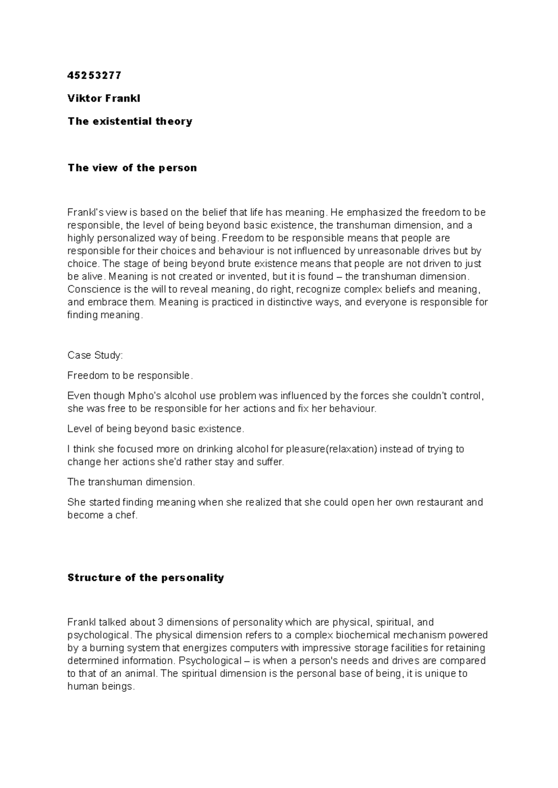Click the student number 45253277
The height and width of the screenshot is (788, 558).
pyautogui.click(x=94, y=75)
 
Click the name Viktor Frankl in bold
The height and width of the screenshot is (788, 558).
pyautogui.click(x=104, y=98)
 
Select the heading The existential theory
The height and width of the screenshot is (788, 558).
pyautogui.click(x=130, y=121)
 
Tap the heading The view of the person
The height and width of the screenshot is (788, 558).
pyautogui.click(x=132, y=168)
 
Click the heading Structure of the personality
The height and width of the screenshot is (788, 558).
pyautogui.click(x=146, y=578)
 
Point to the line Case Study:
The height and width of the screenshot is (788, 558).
pyautogui.click(x=95, y=355)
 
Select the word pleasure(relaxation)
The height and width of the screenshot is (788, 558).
pyautogui.click(x=332, y=449)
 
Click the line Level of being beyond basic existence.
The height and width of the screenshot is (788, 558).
pyautogui.click(x=155, y=429)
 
